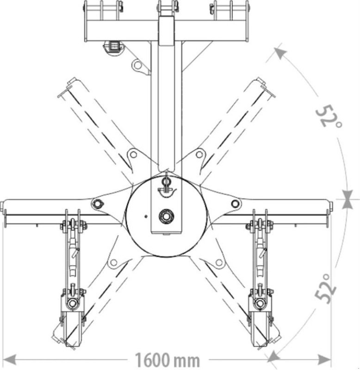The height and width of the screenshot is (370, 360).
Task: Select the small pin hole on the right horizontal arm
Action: click(235, 203)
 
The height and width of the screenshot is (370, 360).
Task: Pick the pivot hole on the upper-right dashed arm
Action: click(200, 154)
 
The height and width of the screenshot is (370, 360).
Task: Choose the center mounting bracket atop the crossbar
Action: click(166, 7)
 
